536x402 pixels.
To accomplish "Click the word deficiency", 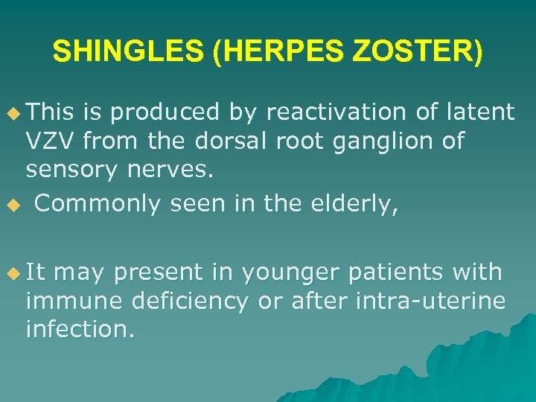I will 187,301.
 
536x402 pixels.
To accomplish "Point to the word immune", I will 63,301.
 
